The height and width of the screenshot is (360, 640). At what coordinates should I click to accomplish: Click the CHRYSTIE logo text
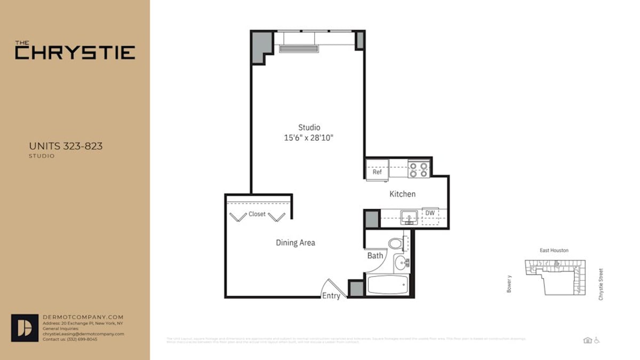tap(75, 52)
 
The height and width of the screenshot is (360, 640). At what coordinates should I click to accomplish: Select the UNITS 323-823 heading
tap(66, 146)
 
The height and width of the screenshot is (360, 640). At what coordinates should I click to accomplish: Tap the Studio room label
tap(309, 127)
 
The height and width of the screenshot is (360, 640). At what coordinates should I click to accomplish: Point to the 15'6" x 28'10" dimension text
tap(309, 138)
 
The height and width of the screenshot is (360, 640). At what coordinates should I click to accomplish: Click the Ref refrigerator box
tap(377, 172)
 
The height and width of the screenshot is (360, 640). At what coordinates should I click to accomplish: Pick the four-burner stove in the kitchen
tap(419, 170)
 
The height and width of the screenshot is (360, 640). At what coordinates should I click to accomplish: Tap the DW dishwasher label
tap(429, 213)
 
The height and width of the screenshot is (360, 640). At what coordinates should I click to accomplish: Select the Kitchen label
tap(402, 194)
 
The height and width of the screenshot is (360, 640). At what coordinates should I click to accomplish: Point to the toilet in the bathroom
tap(396, 243)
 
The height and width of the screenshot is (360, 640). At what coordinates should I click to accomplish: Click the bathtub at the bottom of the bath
tap(387, 284)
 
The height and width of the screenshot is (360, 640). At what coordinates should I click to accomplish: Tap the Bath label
tap(375, 256)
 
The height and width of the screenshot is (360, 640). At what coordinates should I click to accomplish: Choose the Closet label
tap(257, 214)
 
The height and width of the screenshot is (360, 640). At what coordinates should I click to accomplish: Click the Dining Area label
tap(295, 243)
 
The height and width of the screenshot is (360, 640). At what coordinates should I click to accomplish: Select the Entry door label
tap(331, 296)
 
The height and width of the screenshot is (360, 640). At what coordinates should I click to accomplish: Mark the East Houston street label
tap(554, 250)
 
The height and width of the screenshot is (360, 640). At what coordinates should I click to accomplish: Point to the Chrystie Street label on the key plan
tap(601, 284)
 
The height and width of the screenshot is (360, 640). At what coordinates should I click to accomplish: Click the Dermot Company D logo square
tap(25, 327)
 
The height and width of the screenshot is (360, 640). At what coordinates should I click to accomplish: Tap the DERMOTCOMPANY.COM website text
tap(83, 317)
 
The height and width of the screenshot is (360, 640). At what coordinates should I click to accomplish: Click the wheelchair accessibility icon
tap(597, 340)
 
